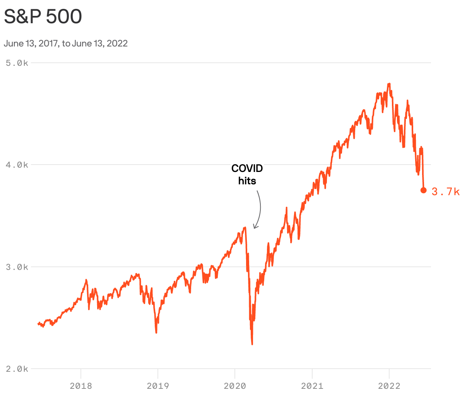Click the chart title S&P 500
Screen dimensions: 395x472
tap(43, 17)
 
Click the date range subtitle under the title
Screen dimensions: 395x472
tap(66, 43)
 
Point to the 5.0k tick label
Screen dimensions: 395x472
tap(17, 63)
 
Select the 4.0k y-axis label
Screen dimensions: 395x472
tap(17, 165)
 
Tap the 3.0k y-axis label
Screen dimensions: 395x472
tap(17, 267)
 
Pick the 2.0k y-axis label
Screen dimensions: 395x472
tap(17, 369)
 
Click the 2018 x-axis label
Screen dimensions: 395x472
tap(81, 386)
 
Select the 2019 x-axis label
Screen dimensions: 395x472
tap(158, 386)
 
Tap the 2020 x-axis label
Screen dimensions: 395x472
tap(235, 386)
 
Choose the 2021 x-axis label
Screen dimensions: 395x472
tap(312, 386)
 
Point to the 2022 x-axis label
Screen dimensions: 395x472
tap(389, 386)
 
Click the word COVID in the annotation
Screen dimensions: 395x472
tap(247, 168)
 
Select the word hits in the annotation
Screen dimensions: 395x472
tap(247, 181)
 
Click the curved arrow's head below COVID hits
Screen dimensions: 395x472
tap(254, 227)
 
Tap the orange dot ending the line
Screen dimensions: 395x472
tap(423, 190)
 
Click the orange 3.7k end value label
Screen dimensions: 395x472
tap(446, 192)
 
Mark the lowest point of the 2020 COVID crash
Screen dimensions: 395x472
tap(252, 344)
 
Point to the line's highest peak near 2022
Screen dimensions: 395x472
tap(389, 84)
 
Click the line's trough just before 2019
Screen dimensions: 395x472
tap(156, 332)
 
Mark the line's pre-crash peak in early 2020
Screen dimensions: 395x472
tap(245, 228)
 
